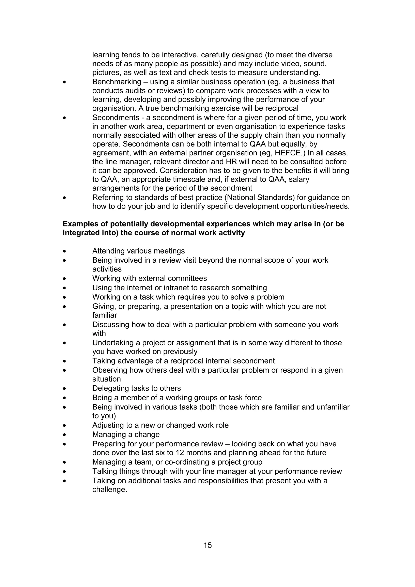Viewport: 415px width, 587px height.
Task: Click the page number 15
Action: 207,545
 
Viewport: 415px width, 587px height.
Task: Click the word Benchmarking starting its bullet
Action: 117,82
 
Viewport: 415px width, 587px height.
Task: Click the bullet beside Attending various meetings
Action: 64,251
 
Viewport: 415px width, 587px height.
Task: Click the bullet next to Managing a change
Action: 64,435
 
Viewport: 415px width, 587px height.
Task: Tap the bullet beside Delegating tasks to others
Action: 64,389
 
